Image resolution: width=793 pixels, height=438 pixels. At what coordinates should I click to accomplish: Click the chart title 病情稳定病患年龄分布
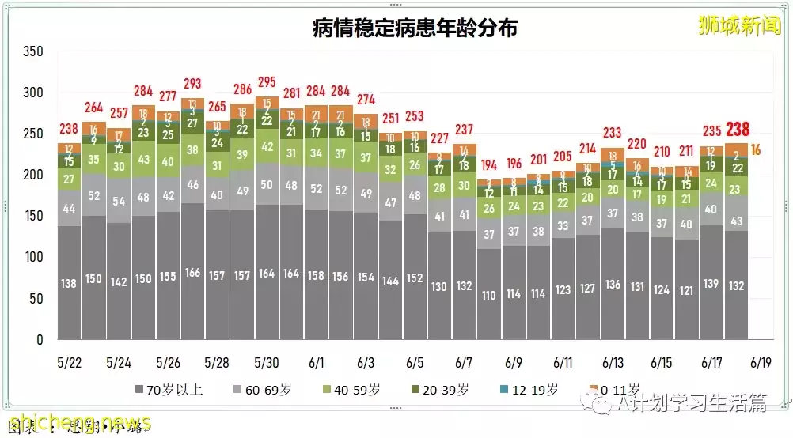[415, 29]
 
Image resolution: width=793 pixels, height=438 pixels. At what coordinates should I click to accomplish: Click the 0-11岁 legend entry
[614, 389]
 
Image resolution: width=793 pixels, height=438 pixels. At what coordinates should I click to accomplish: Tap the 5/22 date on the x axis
[69, 363]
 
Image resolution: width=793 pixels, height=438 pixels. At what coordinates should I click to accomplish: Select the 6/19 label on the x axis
[760, 363]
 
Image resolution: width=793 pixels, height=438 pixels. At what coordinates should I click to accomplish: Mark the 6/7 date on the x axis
[464, 363]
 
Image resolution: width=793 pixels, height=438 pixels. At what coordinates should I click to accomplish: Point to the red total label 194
[489, 164]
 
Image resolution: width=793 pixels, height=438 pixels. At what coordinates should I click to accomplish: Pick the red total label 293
[192, 84]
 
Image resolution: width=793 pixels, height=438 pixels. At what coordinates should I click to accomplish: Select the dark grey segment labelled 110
[489, 296]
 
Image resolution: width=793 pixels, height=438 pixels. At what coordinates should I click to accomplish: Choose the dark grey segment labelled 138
[69, 283]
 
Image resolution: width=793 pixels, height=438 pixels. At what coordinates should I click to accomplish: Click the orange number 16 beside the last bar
[756, 150]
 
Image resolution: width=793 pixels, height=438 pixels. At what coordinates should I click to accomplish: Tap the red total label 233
[613, 134]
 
